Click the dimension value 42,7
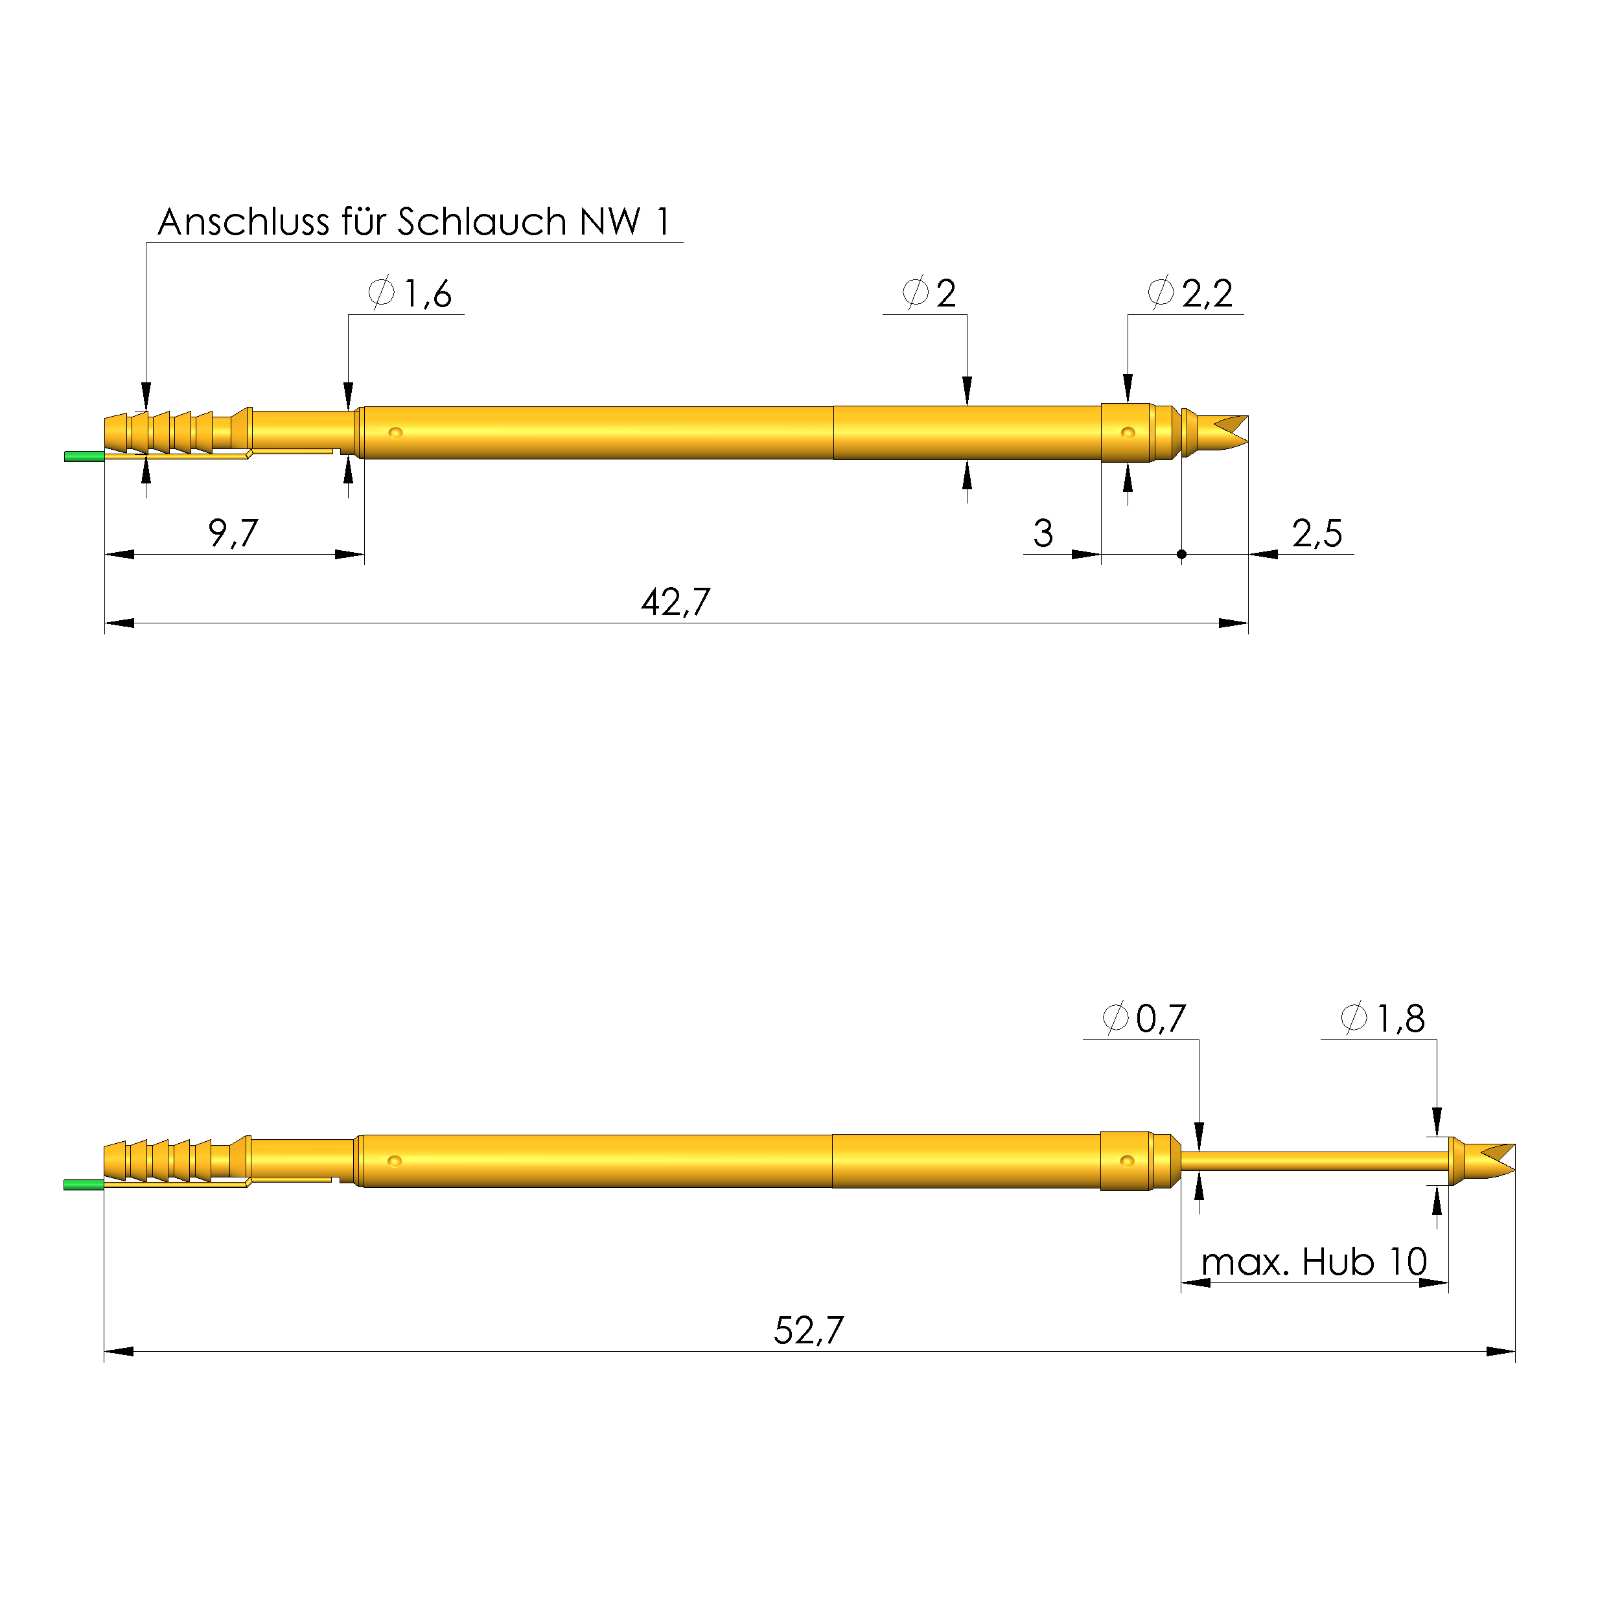pyautogui.click(x=675, y=602)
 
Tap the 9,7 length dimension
pyautogui.click(x=233, y=533)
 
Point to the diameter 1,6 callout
pyautogui.click(x=411, y=294)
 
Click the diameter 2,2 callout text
pyautogui.click(x=1190, y=293)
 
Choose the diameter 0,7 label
pyautogui.click(x=1144, y=1019)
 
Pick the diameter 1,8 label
pyautogui.click(x=1383, y=1019)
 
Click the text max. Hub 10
pyautogui.click(x=1314, y=1261)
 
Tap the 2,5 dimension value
pyautogui.click(x=1316, y=533)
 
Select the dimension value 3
pyautogui.click(x=1043, y=533)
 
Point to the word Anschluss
pyautogui.click(x=244, y=222)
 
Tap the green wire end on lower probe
pyautogui.click(x=83, y=1185)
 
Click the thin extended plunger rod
pyautogui.click(x=1314, y=1161)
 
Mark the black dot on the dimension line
pyautogui.click(x=1181, y=554)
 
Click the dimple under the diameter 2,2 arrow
pyautogui.click(x=1128, y=432)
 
